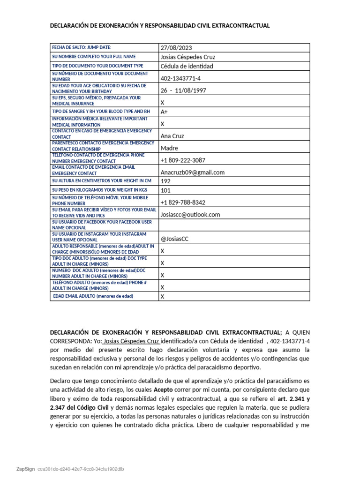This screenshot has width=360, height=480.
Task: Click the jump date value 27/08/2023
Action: point(176,48)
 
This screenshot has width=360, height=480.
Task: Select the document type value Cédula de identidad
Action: point(187,66)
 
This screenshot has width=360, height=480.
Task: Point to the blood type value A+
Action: point(165,112)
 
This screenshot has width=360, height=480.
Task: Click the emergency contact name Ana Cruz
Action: point(172,136)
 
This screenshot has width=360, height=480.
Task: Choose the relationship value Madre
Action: point(170,148)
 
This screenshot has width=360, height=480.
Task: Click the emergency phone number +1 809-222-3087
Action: point(183,160)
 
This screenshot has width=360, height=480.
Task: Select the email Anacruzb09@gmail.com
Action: point(192,172)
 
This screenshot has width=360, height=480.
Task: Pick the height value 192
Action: point(165,181)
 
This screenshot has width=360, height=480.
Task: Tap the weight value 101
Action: point(165,190)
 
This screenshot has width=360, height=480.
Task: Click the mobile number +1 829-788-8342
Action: point(183,202)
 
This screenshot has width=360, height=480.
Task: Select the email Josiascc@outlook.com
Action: point(190,214)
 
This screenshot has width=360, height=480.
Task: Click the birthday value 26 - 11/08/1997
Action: point(183,90)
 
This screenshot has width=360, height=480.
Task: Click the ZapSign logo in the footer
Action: point(26,469)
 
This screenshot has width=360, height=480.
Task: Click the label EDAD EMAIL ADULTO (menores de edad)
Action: point(93,296)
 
